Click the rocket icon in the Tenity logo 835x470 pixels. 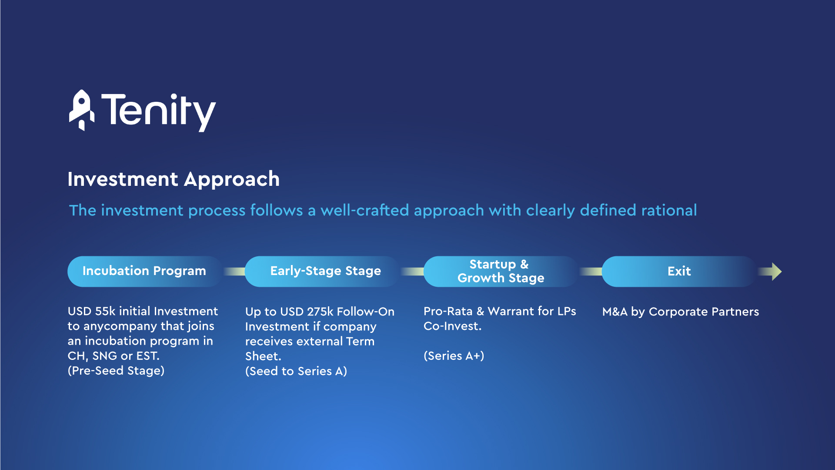click(82, 110)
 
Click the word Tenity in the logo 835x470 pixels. click(159, 112)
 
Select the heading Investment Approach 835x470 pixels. click(174, 179)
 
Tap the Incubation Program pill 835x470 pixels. click(145, 271)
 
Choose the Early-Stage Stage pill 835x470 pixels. click(323, 271)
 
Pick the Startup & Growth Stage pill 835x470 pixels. click(501, 271)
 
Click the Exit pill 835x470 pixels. click(679, 271)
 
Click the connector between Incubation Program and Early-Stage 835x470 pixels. click(234, 272)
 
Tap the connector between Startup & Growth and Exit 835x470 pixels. click(591, 272)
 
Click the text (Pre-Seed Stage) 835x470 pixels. click(116, 371)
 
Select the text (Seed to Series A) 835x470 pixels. click(296, 371)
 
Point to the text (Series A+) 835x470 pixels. click(454, 356)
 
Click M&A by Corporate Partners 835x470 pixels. click(681, 312)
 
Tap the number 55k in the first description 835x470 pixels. click(105, 311)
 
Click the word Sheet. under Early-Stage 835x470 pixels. click(263, 356)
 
